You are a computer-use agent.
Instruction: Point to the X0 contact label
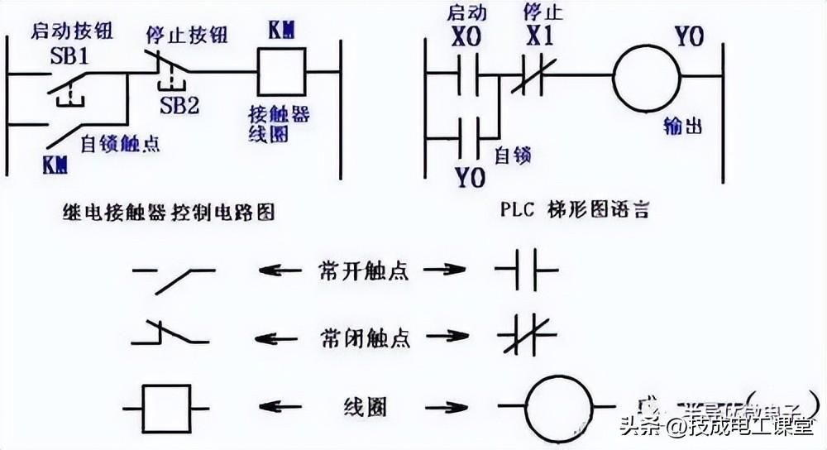point(467,39)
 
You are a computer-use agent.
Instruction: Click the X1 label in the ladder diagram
point(540,39)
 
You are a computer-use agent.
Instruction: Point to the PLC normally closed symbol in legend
point(527,337)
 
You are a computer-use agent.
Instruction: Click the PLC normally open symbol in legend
point(527,270)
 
